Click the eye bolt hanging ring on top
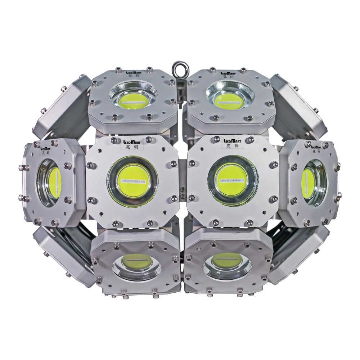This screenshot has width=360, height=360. click(x=179, y=67)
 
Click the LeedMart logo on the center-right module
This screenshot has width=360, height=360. click(x=232, y=141)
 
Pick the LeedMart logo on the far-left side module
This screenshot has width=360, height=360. click(x=46, y=147)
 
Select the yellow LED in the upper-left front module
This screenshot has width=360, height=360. click(x=134, y=99)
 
